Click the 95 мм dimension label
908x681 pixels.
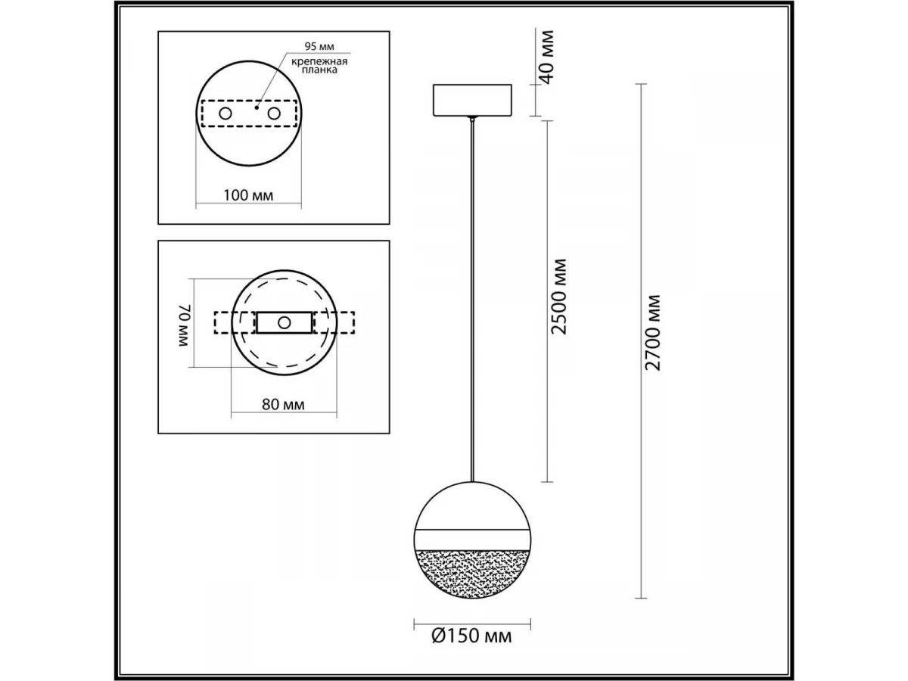pos(319,46)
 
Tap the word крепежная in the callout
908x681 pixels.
pos(319,62)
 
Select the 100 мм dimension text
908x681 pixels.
pos(248,195)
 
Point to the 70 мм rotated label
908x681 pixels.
pos(185,325)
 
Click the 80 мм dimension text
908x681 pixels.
pos(283,404)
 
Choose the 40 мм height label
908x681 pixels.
pos(547,58)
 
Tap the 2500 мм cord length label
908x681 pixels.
pos(558,297)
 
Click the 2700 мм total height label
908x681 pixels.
pos(653,333)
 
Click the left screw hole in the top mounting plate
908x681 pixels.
pos(225,113)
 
